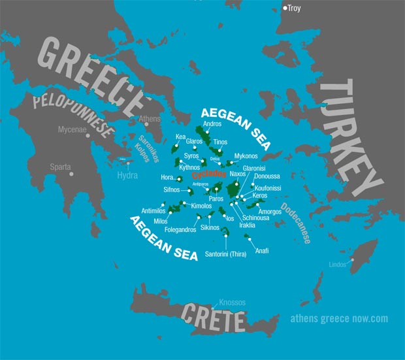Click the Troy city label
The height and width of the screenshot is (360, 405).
pos(295,9)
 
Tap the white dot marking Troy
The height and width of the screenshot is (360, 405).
pos(285,8)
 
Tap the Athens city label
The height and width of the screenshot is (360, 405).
pos(150,120)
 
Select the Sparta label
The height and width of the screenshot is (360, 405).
pos(60,167)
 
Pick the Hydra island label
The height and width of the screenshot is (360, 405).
pos(128,176)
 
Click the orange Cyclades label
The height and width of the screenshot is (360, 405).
pos(209,174)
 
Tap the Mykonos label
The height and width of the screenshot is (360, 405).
pos(246,157)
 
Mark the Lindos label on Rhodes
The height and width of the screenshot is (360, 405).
pos(338,264)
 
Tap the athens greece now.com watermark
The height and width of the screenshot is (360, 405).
pos(339,319)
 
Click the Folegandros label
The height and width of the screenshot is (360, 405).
pos(176,230)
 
